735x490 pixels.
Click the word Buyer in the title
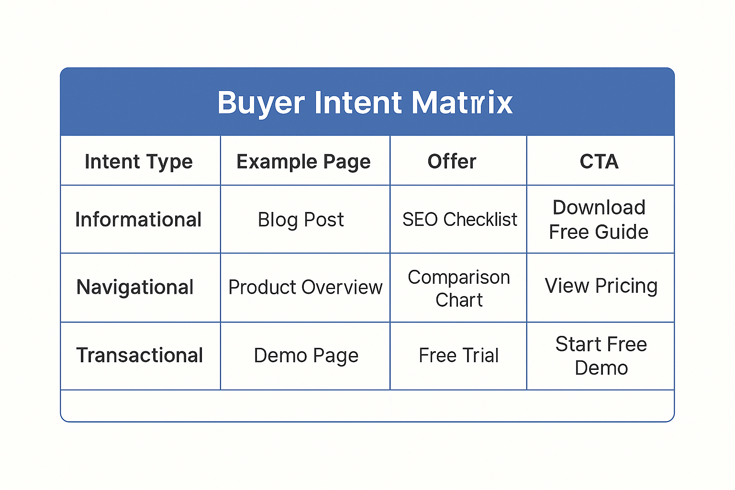(261, 103)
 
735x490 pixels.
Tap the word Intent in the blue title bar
(357, 102)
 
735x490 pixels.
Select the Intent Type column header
(139, 162)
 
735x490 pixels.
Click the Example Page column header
(303, 162)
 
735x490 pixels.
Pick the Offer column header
(452, 161)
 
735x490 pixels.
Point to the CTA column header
(599, 161)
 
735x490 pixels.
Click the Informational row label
(138, 219)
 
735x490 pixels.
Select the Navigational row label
(135, 287)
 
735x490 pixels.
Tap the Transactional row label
(139, 355)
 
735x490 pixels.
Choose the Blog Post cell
(301, 220)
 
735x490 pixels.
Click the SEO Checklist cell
(460, 219)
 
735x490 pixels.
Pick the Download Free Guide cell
(599, 220)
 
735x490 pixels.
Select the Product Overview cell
(305, 287)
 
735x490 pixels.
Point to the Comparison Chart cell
(459, 289)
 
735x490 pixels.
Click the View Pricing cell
(601, 286)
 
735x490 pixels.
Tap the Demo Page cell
(306, 356)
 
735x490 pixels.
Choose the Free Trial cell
(459, 355)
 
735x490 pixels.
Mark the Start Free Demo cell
(601, 356)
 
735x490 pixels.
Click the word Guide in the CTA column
(622, 232)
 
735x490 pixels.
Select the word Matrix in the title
(462, 102)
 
